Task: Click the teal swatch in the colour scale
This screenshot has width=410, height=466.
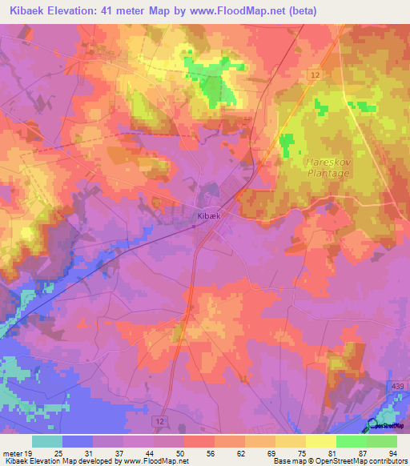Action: click(47, 441)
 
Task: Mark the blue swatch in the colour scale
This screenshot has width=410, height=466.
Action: click(78, 441)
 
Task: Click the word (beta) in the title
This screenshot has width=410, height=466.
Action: click(303, 11)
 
